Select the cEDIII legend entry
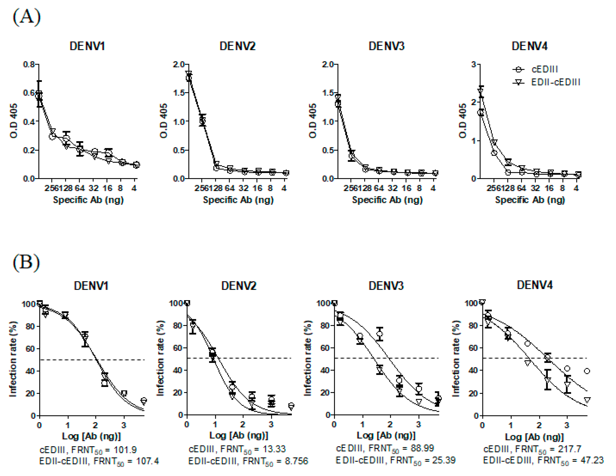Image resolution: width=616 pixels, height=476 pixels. tap(544, 69)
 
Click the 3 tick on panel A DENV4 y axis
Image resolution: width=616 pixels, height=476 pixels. tap(474, 64)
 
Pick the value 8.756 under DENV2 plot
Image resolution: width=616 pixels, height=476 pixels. tap(296, 461)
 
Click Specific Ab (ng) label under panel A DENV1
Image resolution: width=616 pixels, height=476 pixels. tap(88, 200)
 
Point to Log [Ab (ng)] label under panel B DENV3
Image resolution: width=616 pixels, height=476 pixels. tap(386, 435)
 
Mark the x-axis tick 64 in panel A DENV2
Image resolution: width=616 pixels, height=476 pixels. tap(230, 188)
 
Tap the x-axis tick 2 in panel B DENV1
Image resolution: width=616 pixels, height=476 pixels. tap(95, 425)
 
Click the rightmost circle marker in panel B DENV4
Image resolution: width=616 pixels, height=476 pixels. tap(587, 371)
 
